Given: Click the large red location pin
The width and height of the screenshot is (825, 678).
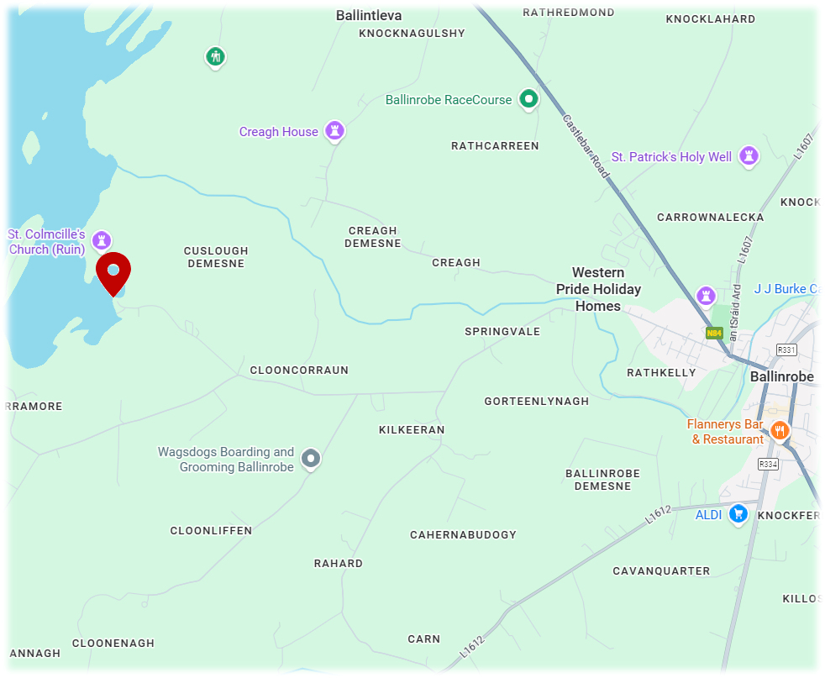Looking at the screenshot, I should pos(113,272).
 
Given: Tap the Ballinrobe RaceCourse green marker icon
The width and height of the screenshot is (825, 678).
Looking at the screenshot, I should pos(528,99).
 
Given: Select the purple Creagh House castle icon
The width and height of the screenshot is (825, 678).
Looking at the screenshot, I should pos(335,131).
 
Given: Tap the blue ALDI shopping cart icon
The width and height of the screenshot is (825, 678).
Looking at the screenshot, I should pos(738,513).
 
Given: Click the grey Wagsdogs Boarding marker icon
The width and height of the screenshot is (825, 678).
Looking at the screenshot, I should pos(311,459).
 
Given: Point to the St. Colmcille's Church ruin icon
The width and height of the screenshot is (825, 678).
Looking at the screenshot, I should pos(102,241).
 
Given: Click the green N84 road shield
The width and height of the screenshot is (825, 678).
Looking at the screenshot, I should pos(714,333).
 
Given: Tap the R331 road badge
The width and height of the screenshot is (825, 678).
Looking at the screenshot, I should pos(787,350).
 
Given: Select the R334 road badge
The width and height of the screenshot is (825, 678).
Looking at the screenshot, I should pos(768,464).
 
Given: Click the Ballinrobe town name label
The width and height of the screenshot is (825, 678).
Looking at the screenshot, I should pos(781,376).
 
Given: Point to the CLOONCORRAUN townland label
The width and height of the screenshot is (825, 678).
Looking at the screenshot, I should pos(299,370).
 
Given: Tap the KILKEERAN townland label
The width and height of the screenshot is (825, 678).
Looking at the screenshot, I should pos(412,429).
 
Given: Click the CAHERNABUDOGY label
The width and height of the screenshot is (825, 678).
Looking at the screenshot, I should pos(463,534).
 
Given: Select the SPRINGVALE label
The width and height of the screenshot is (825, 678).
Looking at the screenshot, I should pos(502,331).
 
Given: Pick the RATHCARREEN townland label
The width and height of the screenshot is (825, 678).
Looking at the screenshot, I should pos(495,145).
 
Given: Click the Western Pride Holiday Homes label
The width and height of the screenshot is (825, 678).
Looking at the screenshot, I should pos(598,289).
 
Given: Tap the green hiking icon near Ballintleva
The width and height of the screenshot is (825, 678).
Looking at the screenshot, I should pos(216,57).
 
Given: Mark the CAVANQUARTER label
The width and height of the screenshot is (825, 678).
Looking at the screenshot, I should pos(661,570).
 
